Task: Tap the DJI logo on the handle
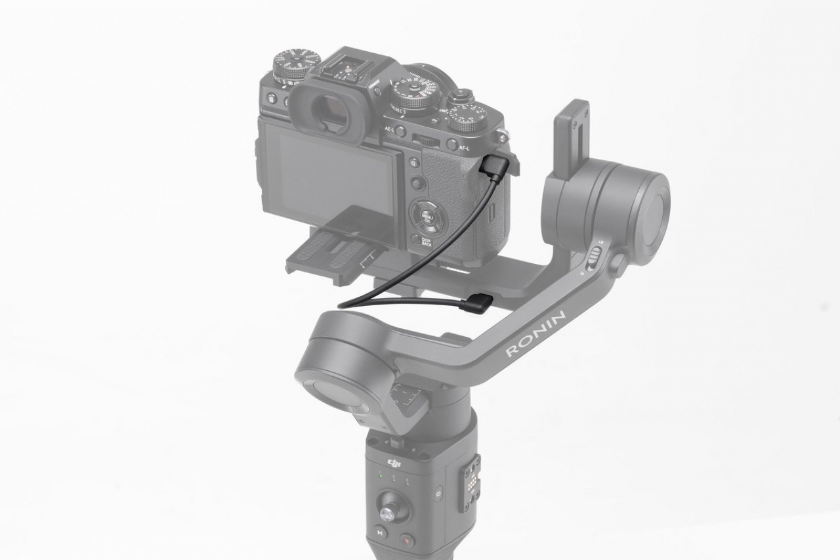tap(394, 464)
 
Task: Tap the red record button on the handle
tap(407, 540)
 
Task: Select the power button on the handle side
tap(438, 493)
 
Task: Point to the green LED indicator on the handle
tap(379, 475)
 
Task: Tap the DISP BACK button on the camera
tap(416, 240)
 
